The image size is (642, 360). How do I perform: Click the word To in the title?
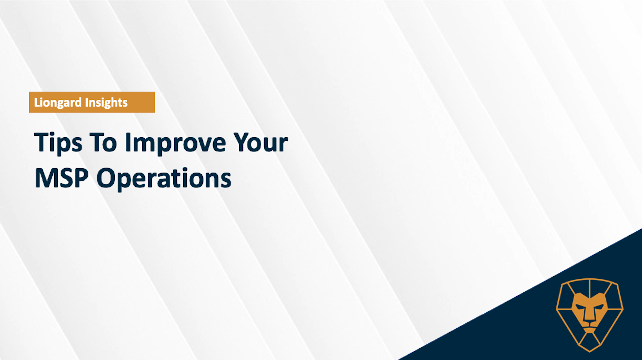103,142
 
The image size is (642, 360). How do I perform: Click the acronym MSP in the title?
61,177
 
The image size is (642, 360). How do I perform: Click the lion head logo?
589,315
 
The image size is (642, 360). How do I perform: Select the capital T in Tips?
43,142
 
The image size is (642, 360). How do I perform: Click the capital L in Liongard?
37,102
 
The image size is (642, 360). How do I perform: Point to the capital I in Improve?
127,142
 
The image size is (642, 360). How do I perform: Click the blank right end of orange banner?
141,102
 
